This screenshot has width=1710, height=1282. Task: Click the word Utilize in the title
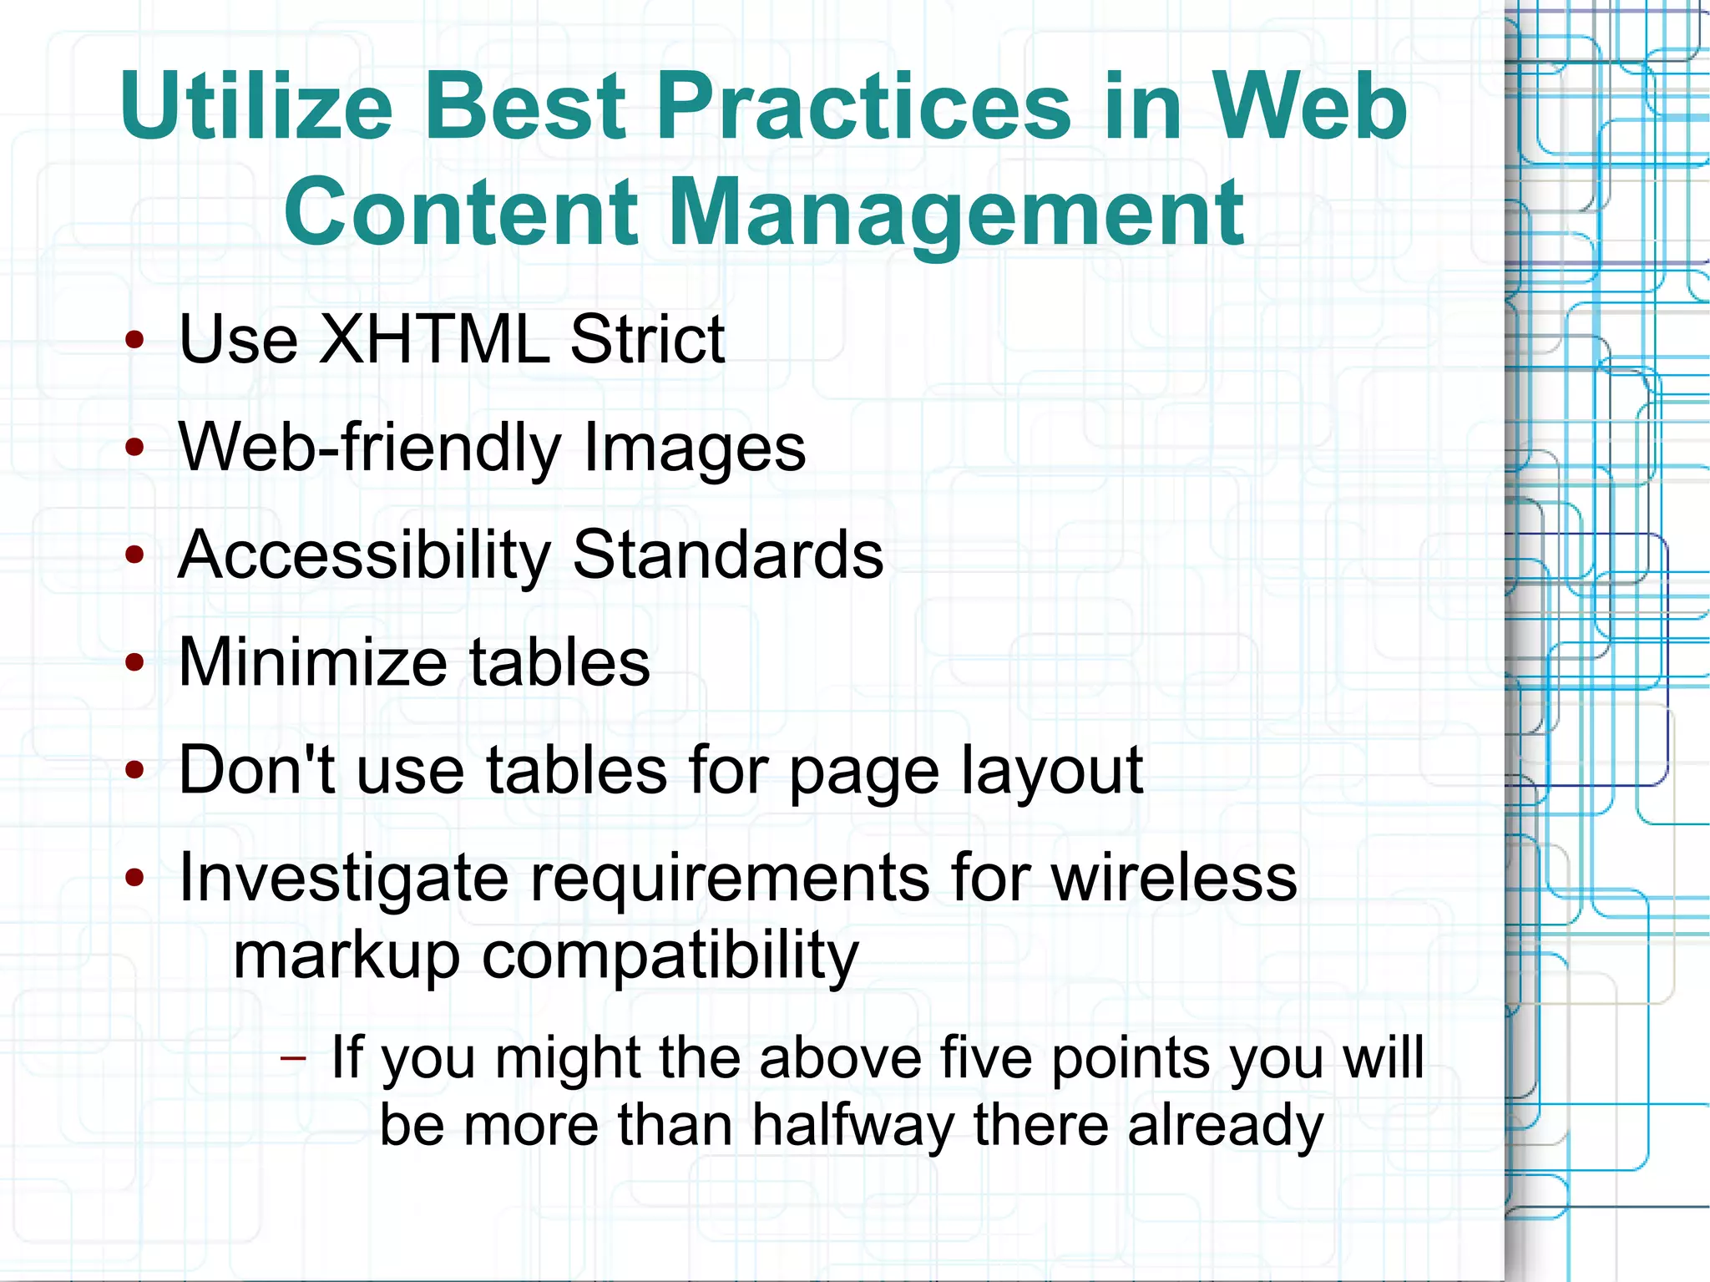(255, 107)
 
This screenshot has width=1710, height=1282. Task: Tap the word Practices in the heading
(863, 107)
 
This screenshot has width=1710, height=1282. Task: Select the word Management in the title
(955, 214)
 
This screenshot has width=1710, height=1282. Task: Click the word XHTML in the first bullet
(434, 339)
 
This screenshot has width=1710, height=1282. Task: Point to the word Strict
(647, 339)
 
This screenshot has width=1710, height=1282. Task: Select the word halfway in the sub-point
(852, 1125)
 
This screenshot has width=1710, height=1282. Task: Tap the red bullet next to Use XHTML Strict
(134, 340)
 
